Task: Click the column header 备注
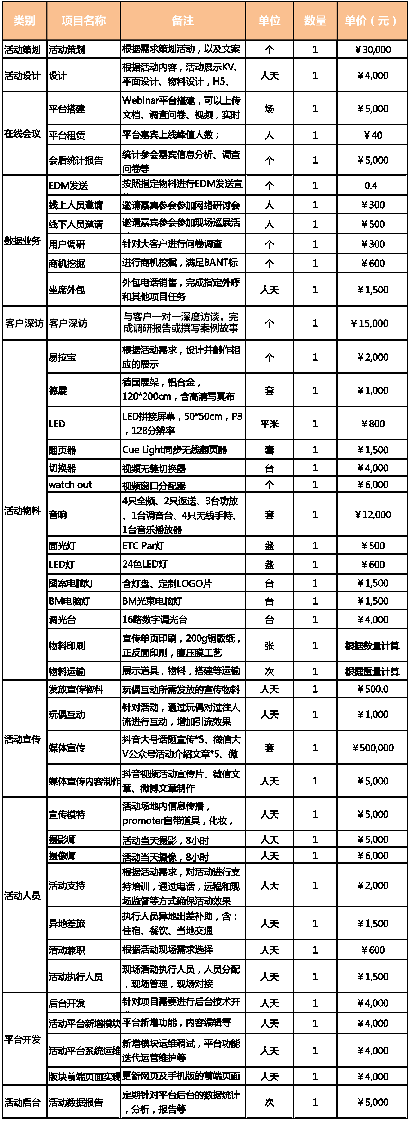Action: coord(183,20)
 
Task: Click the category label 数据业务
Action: coord(22,241)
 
